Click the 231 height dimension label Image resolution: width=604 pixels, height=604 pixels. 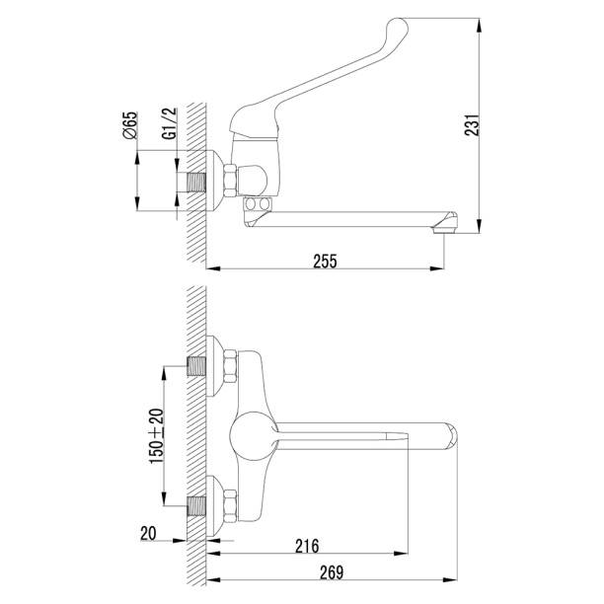pyautogui.click(x=472, y=124)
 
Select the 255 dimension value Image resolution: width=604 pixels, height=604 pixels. pyautogui.click(x=325, y=262)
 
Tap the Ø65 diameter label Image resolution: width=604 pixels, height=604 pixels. pyautogui.click(x=130, y=125)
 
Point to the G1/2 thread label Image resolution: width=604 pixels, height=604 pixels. pyautogui.click(x=170, y=123)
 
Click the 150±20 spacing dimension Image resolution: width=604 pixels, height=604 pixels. pyautogui.click(x=157, y=436)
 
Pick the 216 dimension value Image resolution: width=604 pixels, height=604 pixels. pyautogui.click(x=307, y=546)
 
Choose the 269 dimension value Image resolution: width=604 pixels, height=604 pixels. pyautogui.click(x=332, y=572)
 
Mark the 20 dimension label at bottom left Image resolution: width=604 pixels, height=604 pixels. pyautogui.click(x=148, y=534)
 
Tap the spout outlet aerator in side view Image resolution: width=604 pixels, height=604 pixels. pyautogui.click(x=444, y=230)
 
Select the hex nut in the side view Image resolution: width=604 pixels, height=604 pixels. pyautogui.click(x=230, y=181)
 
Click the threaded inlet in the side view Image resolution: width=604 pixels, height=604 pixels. pyautogui.click(x=196, y=182)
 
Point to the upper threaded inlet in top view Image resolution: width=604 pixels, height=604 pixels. pyautogui.click(x=196, y=367)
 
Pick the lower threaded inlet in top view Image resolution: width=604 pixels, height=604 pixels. pyautogui.click(x=196, y=506)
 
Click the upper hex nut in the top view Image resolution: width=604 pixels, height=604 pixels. pyautogui.click(x=230, y=366)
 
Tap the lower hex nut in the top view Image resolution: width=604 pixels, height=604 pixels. pyautogui.click(x=230, y=506)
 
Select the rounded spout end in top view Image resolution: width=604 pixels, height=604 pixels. pyautogui.click(x=451, y=436)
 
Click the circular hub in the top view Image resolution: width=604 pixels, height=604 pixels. pyautogui.click(x=254, y=436)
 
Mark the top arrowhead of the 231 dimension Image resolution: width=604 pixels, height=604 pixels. pyautogui.click(x=479, y=26)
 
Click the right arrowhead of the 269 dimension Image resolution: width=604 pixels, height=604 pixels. pyautogui.click(x=450, y=579)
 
